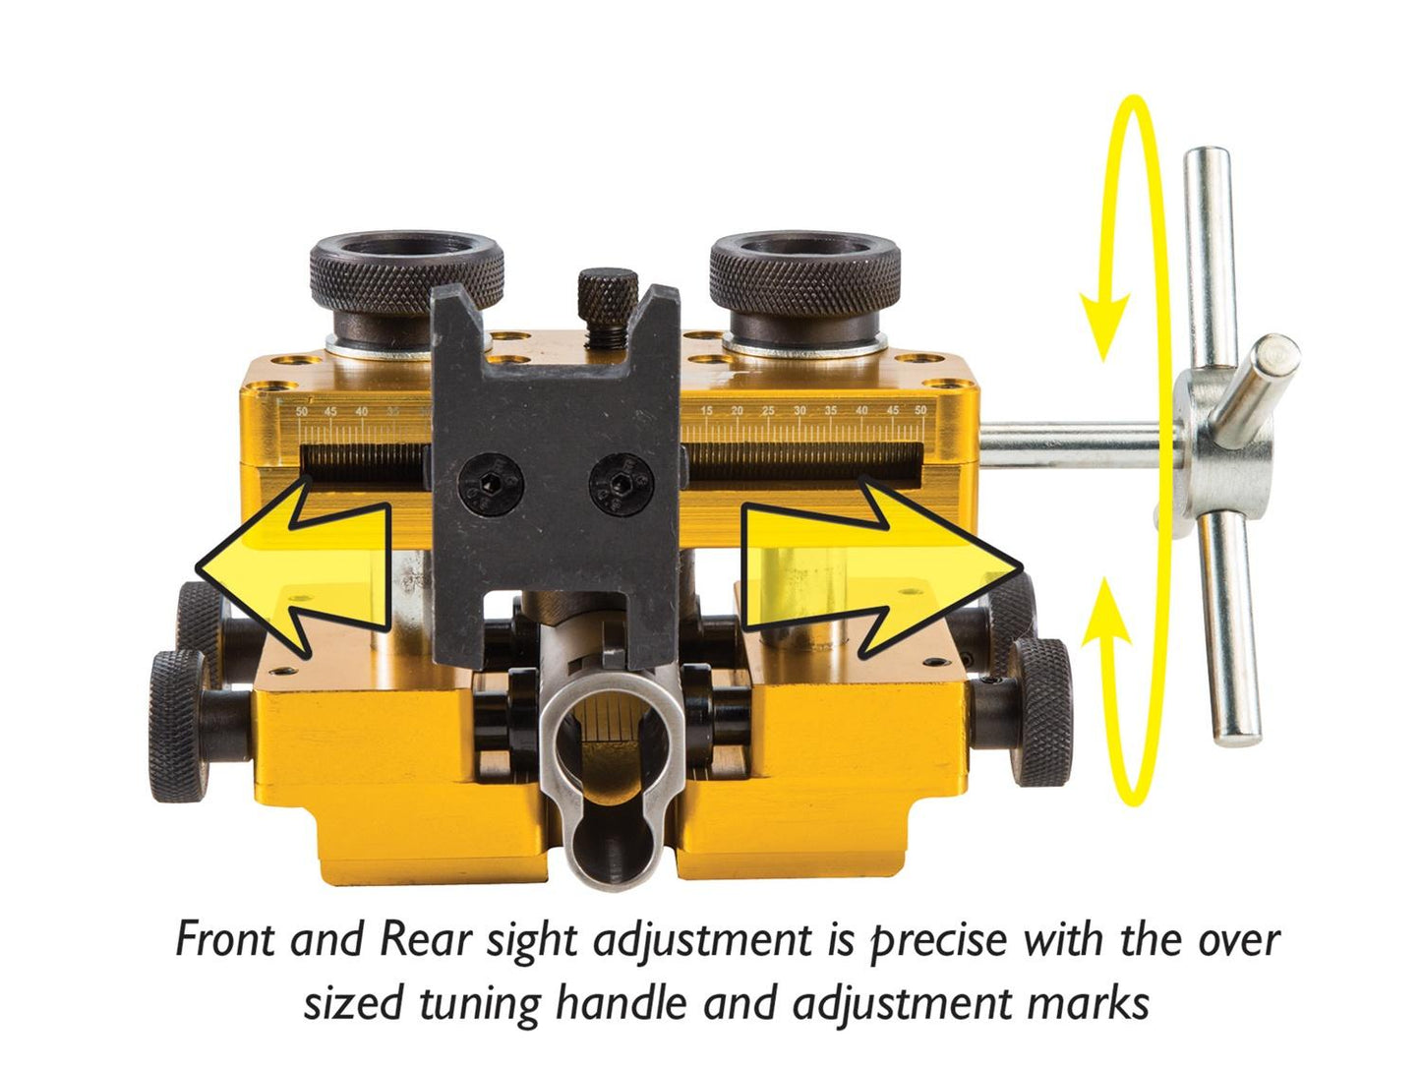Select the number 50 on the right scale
[920, 410]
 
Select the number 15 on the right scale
[706, 410]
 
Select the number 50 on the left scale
[302, 410]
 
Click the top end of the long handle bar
[1207, 162]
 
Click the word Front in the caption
[224, 940]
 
